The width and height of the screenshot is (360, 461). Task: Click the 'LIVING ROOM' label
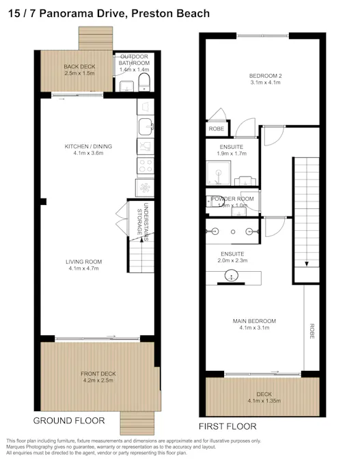83,262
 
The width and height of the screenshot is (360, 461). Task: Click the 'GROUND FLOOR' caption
69,420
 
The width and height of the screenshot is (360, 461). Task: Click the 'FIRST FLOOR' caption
227,426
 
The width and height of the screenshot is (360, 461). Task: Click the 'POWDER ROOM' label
232,199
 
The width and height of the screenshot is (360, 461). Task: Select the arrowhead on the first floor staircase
307,265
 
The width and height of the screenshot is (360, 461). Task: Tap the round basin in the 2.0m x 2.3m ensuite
232,277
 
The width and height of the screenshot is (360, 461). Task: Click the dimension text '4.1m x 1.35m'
264,401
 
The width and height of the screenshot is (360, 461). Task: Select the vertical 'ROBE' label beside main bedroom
311,331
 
